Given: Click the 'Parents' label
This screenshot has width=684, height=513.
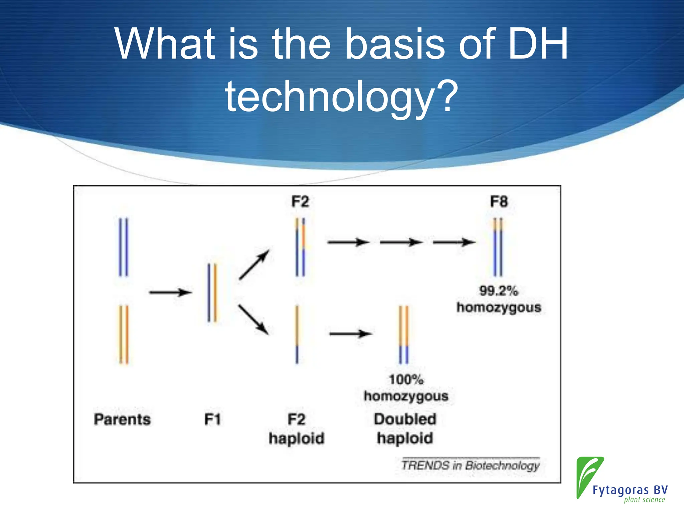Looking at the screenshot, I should [x=122, y=419].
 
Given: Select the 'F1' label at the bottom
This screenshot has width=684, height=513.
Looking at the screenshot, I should [x=212, y=419].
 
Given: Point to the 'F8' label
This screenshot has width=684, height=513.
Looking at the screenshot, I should [x=499, y=202].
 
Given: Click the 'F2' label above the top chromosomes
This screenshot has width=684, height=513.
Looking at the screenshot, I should [x=300, y=202].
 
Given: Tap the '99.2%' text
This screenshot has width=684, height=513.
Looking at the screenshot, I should [x=499, y=291].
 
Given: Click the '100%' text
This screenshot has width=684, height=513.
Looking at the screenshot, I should [x=406, y=379].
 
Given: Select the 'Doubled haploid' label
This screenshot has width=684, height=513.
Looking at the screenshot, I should [x=405, y=429].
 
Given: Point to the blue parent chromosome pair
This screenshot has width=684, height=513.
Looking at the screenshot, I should [x=124, y=247].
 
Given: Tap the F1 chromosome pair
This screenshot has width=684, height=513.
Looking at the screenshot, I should [x=212, y=293].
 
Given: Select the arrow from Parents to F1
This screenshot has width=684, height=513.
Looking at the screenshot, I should [x=170, y=293].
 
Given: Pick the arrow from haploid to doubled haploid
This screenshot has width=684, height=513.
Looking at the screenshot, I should [x=351, y=333].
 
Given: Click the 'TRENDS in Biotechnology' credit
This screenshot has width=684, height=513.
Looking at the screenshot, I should [x=470, y=465].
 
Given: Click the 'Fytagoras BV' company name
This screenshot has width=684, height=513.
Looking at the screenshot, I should [x=630, y=490].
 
